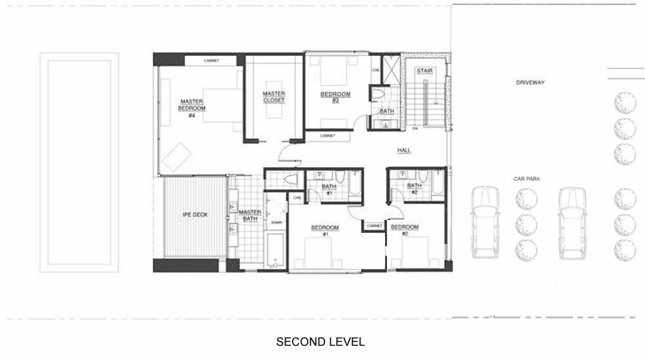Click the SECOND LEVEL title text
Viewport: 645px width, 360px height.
coord(320,341)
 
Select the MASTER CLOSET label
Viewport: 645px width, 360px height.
coord(273,97)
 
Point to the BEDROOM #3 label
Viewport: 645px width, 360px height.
coord(335,97)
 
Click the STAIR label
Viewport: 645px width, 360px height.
coord(424,70)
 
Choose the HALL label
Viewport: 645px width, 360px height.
coord(404,150)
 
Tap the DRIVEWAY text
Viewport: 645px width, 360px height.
coord(530,83)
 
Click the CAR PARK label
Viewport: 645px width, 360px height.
coord(526,179)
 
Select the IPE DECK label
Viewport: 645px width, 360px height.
coord(195,215)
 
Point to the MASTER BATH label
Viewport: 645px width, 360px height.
coord(250,215)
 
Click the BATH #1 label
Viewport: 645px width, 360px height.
coord(328,190)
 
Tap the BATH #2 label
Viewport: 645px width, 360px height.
coord(413,189)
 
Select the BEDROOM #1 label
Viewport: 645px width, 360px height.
coord(321,230)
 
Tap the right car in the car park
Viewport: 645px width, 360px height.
coord(571,223)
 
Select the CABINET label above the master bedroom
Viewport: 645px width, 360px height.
coord(211,61)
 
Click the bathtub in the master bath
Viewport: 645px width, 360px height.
coord(275,251)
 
